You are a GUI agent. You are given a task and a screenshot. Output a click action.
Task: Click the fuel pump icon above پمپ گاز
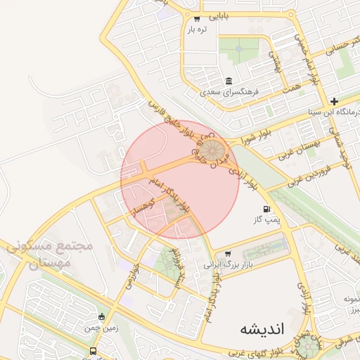click(266, 209)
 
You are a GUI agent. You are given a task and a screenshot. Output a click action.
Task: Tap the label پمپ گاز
click(266, 221)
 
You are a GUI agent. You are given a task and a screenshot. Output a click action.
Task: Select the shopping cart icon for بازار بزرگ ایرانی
click(227, 254)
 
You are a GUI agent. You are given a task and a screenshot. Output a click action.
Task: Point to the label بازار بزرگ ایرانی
click(227, 265)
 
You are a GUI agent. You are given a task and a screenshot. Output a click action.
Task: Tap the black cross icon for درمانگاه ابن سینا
click(335, 101)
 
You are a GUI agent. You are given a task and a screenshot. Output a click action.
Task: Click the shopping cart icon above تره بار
click(196, 18)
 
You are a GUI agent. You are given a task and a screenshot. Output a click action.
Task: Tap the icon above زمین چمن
click(103, 316)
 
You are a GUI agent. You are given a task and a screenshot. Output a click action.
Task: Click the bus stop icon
click(94, 351)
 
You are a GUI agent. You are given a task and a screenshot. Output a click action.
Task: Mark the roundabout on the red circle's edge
click(212, 150)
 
